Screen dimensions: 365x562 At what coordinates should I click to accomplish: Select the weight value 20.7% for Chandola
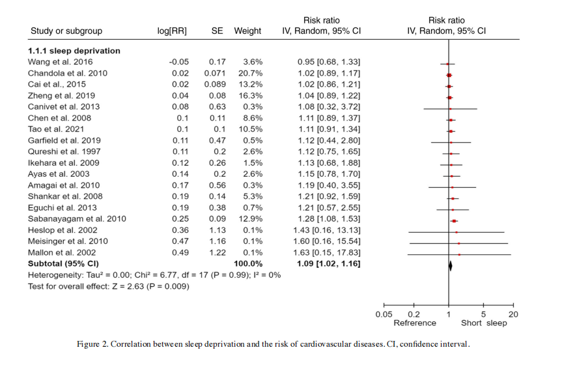pos(247,74)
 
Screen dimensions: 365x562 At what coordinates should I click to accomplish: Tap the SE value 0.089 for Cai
pos(215,85)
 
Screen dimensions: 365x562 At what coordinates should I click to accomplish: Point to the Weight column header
pos(247,31)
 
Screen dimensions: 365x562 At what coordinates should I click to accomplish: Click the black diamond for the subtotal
pos(449,265)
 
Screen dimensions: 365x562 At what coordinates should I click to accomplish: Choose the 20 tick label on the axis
pos(513,314)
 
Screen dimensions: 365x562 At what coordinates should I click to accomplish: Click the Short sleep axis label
pos(483,323)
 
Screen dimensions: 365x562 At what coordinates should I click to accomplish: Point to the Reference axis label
pos(415,323)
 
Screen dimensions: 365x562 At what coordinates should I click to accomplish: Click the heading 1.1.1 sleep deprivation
pos(74,50)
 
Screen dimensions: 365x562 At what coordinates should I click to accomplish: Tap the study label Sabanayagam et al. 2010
pos(77,219)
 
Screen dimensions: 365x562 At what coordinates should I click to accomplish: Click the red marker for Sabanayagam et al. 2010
pos(454,221)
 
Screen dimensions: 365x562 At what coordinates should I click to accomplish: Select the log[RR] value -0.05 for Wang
pos(179,62)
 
